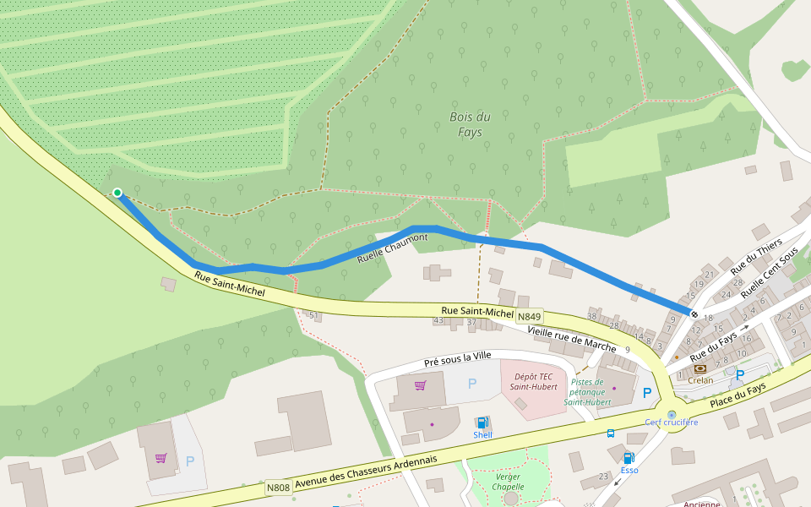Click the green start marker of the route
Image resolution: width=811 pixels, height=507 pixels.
tap(117, 193)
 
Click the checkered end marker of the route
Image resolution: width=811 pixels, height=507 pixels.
tap(694, 314)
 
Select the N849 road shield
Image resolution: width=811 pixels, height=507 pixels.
tap(531, 316)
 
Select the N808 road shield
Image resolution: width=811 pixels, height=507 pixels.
tap(278, 488)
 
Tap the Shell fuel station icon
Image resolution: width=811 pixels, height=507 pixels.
tap(482, 422)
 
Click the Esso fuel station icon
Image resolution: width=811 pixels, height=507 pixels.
tap(629, 458)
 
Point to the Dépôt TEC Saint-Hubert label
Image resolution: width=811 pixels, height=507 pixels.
tap(532, 381)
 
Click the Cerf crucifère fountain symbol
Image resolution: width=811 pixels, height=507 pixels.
tap(672, 415)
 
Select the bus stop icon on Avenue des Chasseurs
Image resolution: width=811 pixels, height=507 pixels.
tap(610, 433)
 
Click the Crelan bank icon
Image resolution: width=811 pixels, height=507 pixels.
tap(699, 368)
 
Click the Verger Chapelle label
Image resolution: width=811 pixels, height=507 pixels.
tap(508, 482)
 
